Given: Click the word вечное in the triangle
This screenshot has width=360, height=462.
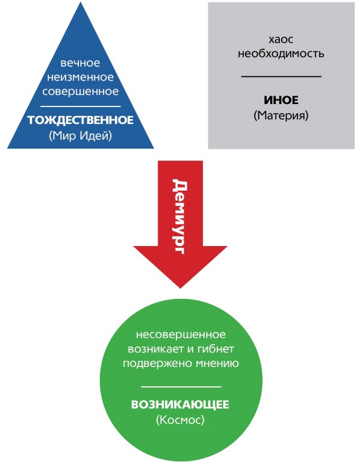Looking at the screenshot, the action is pyautogui.click(x=80, y=63).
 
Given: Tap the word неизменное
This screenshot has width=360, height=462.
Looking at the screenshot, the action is pyautogui.click(x=80, y=77).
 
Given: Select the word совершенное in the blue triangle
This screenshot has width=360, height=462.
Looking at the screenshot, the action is pyautogui.click(x=80, y=91).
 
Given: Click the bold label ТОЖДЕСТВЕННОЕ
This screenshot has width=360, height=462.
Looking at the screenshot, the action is pyautogui.click(x=81, y=120).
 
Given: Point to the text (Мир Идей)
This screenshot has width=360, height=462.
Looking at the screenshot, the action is pyautogui.click(x=81, y=135).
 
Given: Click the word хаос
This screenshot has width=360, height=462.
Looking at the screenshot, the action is pyautogui.click(x=281, y=39).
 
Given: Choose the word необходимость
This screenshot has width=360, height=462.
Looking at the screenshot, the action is pyautogui.click(x=281, y=54).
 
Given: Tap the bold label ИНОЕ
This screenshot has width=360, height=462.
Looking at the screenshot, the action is pyautogui.click(x=281, y=100).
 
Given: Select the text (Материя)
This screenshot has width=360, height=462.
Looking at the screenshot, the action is pyautogui.click(x=281, y=115).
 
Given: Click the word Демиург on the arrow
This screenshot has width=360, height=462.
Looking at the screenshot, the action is pyautogui.click(x=179, y=217).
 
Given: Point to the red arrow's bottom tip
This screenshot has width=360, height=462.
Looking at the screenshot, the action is pyautogui.click(x=180, y=288).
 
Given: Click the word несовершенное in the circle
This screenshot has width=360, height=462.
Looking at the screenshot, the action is pyautogui.click(x=181, y=334).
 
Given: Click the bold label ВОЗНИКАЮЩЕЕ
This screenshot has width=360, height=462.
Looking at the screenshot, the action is pyautogui.click(x=180, y=404).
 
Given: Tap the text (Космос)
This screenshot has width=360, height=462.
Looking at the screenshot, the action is pyautogui.click(x=180, y=419).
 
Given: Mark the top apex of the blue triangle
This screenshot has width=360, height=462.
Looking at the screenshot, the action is pyautogui.click(x=81, y=2).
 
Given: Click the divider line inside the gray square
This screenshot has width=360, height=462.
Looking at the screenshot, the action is pyautogui.click(x=281, y=76).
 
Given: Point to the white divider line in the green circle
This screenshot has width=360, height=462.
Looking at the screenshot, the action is pyautogui.click(x=181, y=387).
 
